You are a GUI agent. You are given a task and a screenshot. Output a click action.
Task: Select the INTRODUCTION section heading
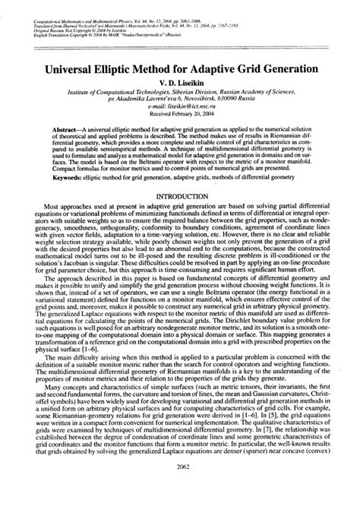click(179, 195)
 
